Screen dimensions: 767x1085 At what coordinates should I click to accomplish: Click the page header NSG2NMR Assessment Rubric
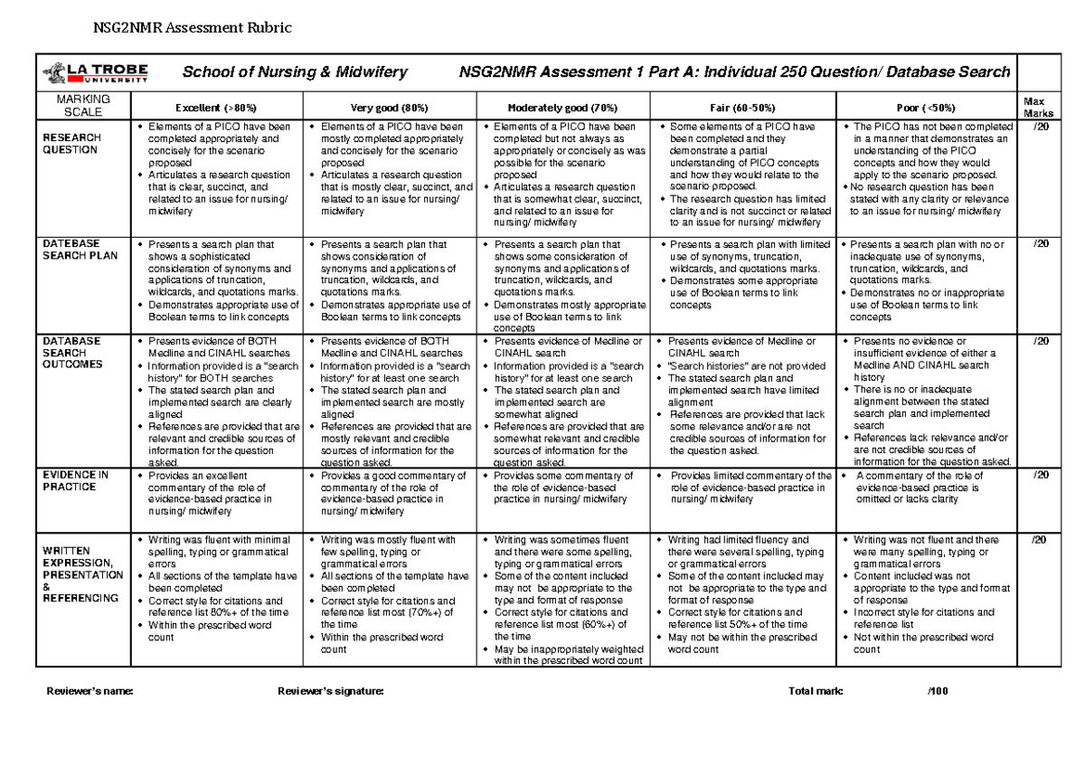pos(193,27)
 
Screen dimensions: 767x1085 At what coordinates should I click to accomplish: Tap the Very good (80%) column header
pos(391,106)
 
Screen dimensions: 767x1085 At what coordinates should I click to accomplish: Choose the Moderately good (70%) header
pos(565,106)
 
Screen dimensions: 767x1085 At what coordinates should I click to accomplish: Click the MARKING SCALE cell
pos(82,105)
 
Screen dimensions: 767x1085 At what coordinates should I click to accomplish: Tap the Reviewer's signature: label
pos(330,691)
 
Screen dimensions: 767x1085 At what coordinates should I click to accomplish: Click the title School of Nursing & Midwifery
pos(296,72)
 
